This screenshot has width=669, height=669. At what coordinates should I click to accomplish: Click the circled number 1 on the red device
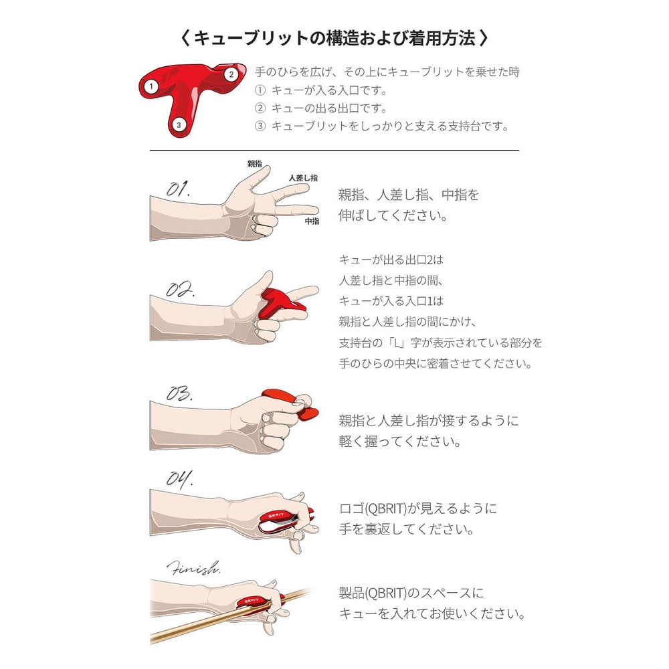coord(152,86)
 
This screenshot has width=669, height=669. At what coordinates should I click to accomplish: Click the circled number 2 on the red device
coord(231,74)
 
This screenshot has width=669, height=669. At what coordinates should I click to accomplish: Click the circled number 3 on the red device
coord(178,124)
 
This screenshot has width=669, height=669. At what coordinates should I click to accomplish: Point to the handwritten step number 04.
coord(179,478)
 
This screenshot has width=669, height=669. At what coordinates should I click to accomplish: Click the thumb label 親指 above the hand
coord(254,163)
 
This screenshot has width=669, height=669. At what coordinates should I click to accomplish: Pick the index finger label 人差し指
coord(303,177)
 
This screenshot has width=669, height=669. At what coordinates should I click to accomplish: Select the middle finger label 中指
coord(312,221)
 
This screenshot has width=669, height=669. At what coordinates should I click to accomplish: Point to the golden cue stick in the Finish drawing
coord(201,626)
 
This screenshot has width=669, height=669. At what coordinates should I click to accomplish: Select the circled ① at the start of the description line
coord(261,90)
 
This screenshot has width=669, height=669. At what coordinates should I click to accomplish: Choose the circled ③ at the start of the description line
coord(261,126)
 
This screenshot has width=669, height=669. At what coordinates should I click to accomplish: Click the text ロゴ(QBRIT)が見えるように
coord(417,508)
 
